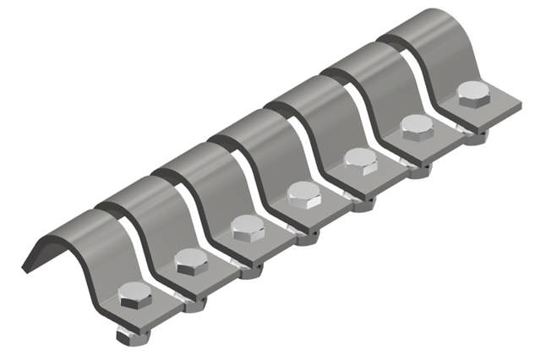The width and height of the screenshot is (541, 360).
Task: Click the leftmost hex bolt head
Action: click(134, 295)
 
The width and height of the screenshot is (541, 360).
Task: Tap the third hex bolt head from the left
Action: click(246, 226)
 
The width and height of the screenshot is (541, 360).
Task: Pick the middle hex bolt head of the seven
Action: click(303, 193)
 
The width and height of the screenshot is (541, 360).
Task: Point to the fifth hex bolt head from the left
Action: click(361, 159)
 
